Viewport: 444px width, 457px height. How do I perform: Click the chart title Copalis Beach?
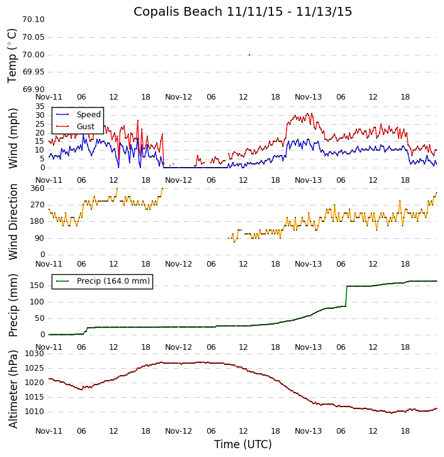point(242,11)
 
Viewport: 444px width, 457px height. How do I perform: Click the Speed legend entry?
point(88,115)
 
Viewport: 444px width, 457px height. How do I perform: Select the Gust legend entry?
point(85,127)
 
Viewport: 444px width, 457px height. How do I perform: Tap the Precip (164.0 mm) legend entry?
point(113,281)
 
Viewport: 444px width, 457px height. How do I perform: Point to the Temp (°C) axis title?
point(13,55)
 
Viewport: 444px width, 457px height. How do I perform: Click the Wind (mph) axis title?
point(13,137)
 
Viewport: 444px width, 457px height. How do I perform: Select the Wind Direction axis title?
point(13,221)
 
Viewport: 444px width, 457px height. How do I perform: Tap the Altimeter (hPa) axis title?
point(13,388)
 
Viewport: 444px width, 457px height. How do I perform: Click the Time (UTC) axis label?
point(242,444)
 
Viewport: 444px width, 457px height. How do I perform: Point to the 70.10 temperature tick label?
point(33,20)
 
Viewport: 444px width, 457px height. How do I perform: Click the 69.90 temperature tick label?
point(33,90)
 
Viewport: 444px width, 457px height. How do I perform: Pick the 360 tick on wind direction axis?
point(37,188)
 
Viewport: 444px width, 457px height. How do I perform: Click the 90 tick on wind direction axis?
point(40,238)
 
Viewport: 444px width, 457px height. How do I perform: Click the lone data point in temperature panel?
point(249,55)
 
